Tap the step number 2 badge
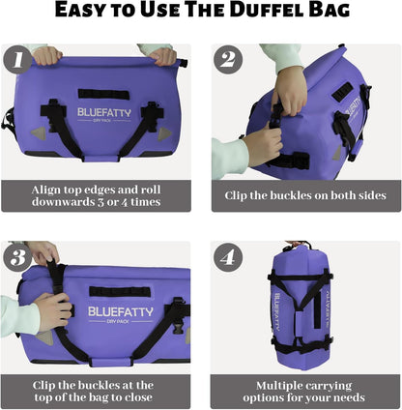point(228,60)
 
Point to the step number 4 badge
point(228,258)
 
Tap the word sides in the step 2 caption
point(366,194)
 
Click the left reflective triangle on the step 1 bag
point(37,132)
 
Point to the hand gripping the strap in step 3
point(51,309)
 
